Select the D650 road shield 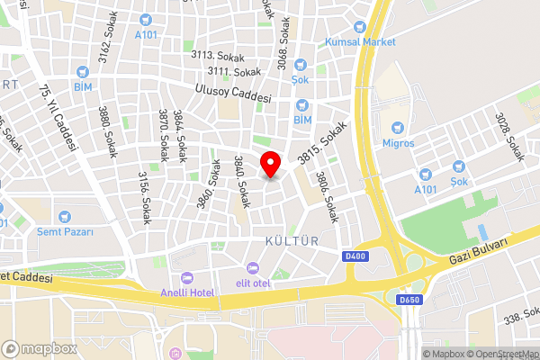click(409, 300)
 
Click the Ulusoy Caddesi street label click(234, 93)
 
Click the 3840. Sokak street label click(240, 176)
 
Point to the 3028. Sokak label click(509, 136)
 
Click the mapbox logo click(39, 348)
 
